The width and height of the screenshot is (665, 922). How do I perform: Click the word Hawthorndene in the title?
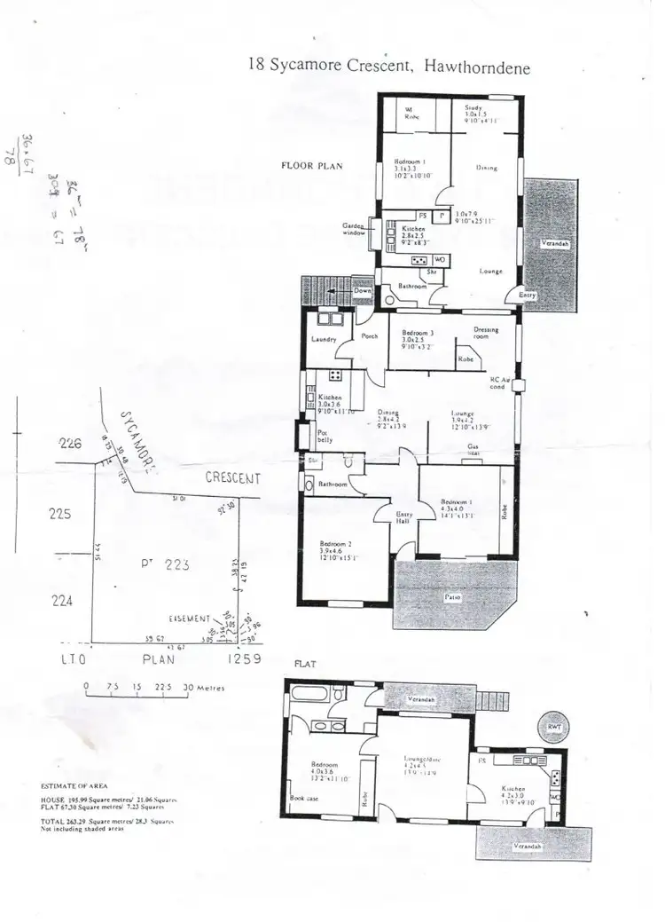[x=478, y=67]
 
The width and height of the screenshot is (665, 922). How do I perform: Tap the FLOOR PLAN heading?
[x=311, y=165]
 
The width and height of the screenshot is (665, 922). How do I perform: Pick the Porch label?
[x=369, y=335]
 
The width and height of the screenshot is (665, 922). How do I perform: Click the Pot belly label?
[x=326, y=436]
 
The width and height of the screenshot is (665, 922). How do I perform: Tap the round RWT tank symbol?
[x=555, y=727]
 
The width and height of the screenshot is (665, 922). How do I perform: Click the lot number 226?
[x=70, y=445]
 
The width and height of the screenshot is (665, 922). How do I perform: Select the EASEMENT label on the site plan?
[x=189, y=618]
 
